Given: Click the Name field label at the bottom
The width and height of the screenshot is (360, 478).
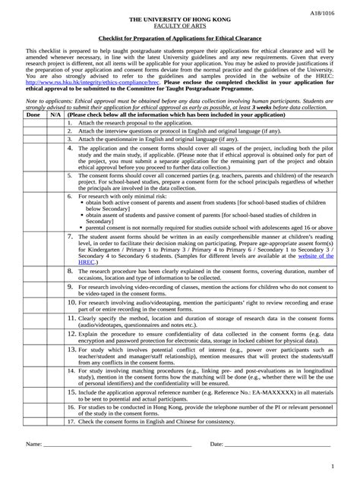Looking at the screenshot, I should pos(33,442).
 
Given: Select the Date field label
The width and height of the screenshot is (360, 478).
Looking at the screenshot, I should pos(216,442).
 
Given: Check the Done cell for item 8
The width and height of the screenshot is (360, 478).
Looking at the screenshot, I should pos(33,272).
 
